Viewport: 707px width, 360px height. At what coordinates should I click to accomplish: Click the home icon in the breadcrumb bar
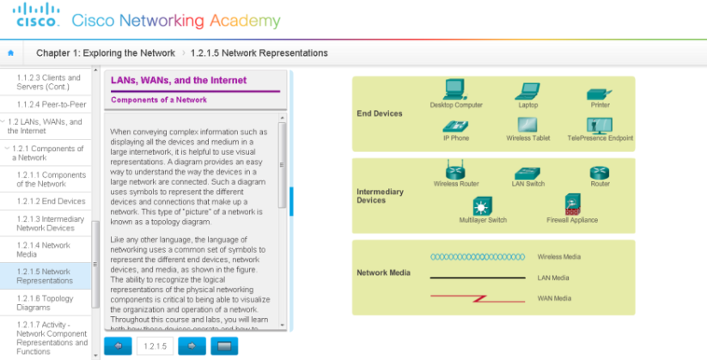[10, 53]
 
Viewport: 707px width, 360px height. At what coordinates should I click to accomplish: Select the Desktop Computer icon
[454, 88]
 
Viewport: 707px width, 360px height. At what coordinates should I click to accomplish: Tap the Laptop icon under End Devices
[527, 90]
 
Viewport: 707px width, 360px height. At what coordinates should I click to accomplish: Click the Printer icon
[599, 93]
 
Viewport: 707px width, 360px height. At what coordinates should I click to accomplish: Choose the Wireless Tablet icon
[527, 125]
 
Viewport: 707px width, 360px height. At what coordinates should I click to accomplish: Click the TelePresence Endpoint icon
[599, 125]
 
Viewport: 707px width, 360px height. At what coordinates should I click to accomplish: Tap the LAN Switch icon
[527, 173]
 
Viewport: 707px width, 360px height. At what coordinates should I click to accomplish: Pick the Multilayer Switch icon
[483, 206]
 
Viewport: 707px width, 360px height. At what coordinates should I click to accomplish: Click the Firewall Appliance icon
[572, 204]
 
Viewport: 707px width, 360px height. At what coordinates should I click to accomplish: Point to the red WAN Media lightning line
[477, 298]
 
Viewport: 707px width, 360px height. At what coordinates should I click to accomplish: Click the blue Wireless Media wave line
[477, 257]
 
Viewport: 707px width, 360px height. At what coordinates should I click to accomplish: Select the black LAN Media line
[477, 278]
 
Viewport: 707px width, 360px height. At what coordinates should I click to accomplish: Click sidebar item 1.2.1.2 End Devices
[51, 201]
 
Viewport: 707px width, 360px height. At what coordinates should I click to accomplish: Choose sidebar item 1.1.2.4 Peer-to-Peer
[49, 104]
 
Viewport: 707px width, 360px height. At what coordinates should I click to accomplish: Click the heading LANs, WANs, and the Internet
[179, 81]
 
